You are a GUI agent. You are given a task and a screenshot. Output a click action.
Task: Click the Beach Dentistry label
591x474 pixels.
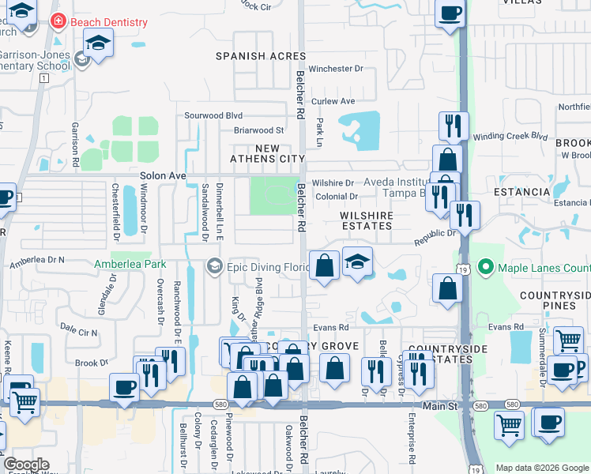tap(108, 22)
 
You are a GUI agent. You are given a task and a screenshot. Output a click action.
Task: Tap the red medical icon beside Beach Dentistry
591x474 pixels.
tap(57, 22)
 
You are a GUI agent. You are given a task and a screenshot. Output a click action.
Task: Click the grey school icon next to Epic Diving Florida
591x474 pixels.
tap(214, 267)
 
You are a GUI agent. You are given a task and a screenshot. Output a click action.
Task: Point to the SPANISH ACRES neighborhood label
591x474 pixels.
tap(261, 56)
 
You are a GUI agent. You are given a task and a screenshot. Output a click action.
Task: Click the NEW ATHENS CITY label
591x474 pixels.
tap(267, 153)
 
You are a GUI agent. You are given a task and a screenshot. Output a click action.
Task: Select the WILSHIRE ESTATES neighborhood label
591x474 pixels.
tap(367, 220)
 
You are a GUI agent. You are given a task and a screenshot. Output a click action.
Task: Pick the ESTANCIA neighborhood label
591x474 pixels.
tap(521, 192)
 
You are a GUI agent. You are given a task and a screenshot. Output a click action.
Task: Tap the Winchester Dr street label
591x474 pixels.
tap(336, 69)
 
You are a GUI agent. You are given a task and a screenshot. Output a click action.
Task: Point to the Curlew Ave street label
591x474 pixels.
tap(333, 101)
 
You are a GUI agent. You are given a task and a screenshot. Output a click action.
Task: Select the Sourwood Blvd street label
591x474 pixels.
tap(213, 115)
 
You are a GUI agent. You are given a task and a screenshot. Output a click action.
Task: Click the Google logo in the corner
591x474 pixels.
tap(26, 465)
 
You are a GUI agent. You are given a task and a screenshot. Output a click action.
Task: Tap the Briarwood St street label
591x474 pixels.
tap(259, 130)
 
